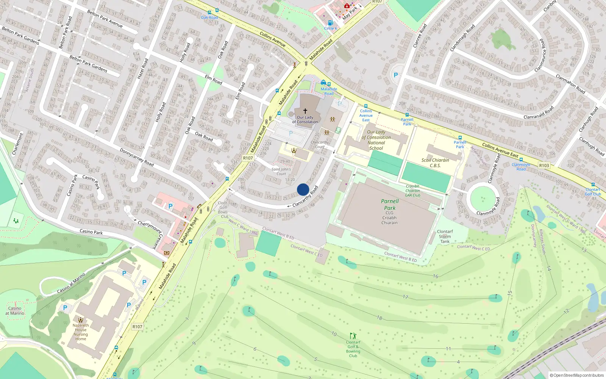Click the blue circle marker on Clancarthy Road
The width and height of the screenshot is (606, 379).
pyautogui.click(x=303, y=189)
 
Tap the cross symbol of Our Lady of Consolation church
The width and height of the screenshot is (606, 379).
pyautogui.click(x=305, y=111)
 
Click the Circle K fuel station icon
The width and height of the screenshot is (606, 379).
pyautogui.click(x=330, y=23)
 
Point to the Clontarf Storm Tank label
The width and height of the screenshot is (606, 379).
pyautogui.click(x=445, y=236)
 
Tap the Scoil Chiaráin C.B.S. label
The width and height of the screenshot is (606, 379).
pyautogui.click(x=435, y=163)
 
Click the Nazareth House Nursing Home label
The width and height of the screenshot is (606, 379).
pyautogui.click(x=80, y=332)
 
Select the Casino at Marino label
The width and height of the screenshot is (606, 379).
pyautogui.click(x=15, y=310)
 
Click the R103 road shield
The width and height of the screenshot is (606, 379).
pyautogui.click(x=544, y=165)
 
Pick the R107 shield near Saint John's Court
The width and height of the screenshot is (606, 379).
pyautogui.click(x=248, y=158)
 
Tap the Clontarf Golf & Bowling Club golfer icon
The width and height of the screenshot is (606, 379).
pyautogui.click(x=353, y=336)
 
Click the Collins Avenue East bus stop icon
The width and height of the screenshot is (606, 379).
pyautogui.click(x=366, y=106)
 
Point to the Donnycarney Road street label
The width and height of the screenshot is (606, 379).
pyautogui.click(x=136, y=157)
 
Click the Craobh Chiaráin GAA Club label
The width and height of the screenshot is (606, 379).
pyautogui.click(x=412, y=191)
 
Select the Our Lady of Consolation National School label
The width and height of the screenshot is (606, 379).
pyautogui.click(x=376, y=140)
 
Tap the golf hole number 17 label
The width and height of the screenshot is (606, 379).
pyautogui.click(x=405, y=297)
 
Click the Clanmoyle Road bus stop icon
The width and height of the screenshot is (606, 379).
pyautogui.click(x=521, y=160)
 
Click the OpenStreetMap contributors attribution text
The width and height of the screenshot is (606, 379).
pyautogui.click(x=577, y=375)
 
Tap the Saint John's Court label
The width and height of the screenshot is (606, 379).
pyautogui.click(x=281, y=172)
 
